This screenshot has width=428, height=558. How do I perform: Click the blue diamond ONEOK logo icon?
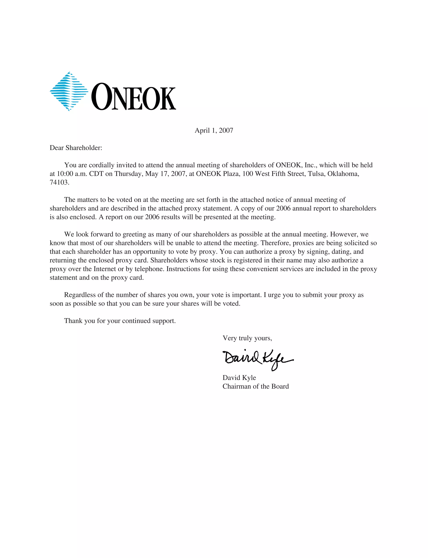pyautogui.click(x=69, y=91)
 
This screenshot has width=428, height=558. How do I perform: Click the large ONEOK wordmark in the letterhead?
pyautogui.click(x=134, y=97)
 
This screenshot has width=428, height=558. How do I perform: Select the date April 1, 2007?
pyautogui.click(x=214, y=130)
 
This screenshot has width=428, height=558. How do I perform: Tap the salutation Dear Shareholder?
pyautogui.click(x=76, y=148)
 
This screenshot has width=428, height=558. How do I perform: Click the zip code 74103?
pyautogui.click(x=59, y=183)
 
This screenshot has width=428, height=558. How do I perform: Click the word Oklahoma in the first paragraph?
pyautogui.click(x=343, y=174)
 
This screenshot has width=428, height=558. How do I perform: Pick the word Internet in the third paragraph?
pyautogui.click(x=105, y=269)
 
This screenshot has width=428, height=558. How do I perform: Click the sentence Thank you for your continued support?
pyautogui.click(x=120, y=321)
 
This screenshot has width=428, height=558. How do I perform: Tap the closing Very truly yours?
pyautogui.click(x=247, y=338)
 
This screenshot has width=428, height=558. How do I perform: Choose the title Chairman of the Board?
pyautogui.click(x=256, y=386)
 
